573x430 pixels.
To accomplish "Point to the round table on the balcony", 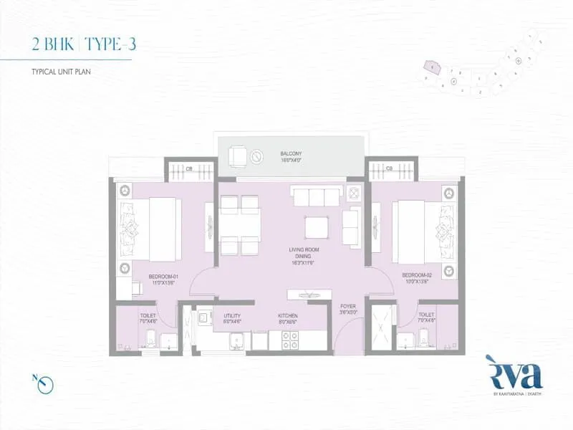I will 257,156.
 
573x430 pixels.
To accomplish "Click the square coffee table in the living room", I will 317,227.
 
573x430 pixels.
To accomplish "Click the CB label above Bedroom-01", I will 189,169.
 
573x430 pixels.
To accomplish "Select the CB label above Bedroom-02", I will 389,169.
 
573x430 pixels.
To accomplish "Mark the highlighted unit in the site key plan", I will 432,67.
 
